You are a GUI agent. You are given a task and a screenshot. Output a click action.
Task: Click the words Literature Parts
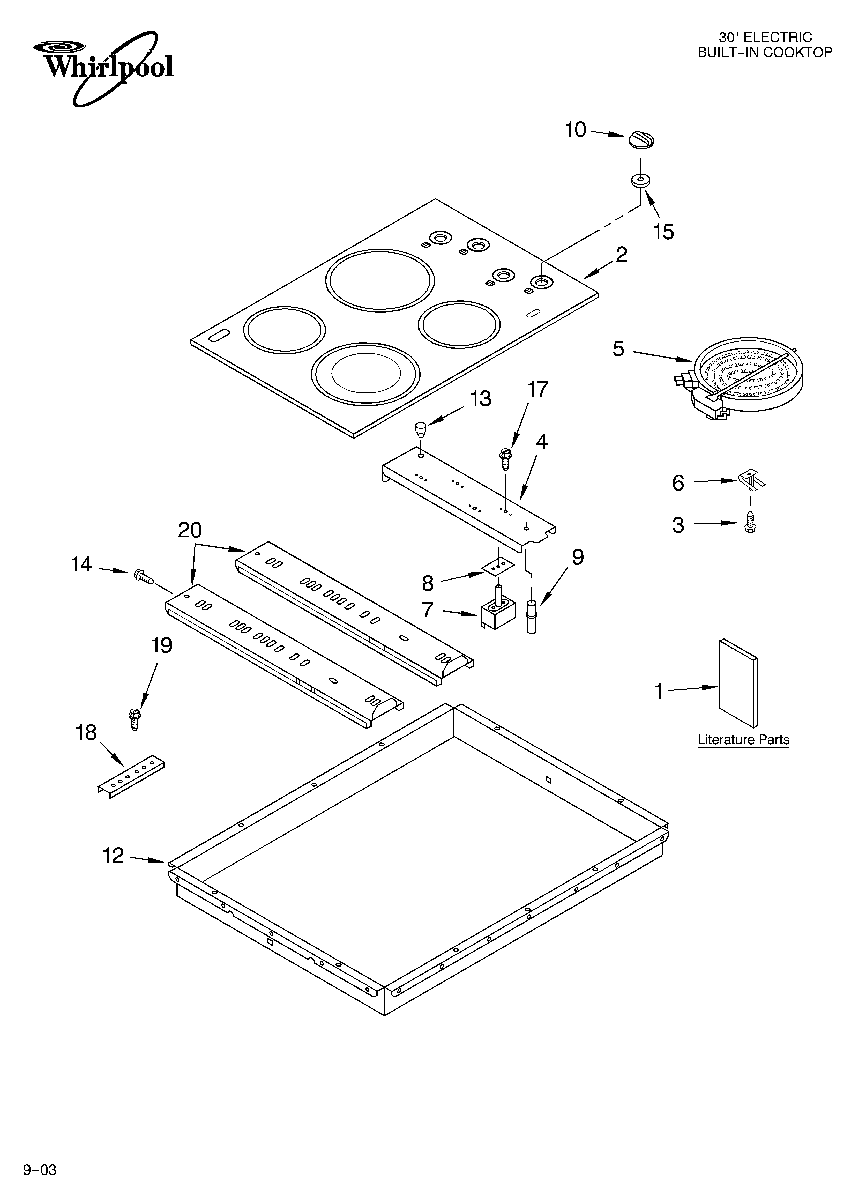[743, 740]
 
